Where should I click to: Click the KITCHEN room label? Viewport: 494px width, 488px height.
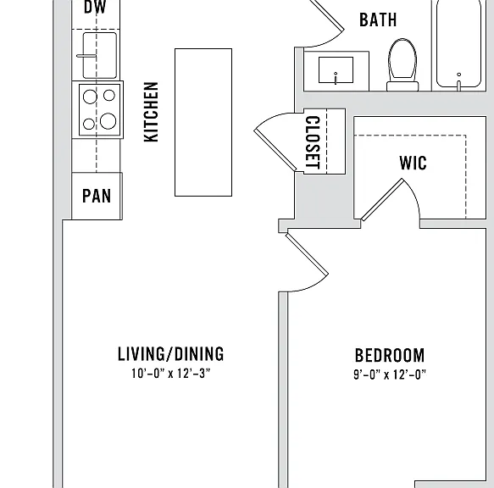(x=151, y=112)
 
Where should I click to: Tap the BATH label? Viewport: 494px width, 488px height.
(x=378, y=19)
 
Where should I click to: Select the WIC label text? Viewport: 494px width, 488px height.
(x=413, y=163)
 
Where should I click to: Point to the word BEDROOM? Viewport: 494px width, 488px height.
(x=390, y=355)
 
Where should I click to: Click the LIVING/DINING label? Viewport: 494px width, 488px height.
(x=171, y=354)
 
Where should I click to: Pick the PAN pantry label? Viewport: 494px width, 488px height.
(x=97, y=196)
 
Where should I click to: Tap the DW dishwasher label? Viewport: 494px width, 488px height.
(x=95, y=7)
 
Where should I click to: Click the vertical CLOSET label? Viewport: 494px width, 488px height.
(x=313, y=142)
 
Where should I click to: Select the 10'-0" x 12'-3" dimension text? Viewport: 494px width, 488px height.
(x=171, y=374)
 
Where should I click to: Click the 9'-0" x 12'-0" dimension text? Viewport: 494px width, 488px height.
(x=390, y=374)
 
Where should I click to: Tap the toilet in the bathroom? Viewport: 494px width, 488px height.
(x=402, y=64)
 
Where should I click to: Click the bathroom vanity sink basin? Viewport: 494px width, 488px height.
(x=336, y=70)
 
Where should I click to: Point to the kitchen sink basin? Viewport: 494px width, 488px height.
(x=100, y=55)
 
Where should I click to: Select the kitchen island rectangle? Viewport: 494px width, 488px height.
(x=203, y=122)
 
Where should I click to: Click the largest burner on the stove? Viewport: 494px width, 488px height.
(x=108, y=121)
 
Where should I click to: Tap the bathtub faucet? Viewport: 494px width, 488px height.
(x=458, y=82)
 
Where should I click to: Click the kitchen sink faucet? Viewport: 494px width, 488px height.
(x=86, y=56)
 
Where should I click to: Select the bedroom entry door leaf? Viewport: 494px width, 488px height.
(x=308, y=254)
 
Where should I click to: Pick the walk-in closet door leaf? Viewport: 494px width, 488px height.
(x=382, y=199)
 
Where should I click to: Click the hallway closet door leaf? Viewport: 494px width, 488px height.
(x=275, y=150)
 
